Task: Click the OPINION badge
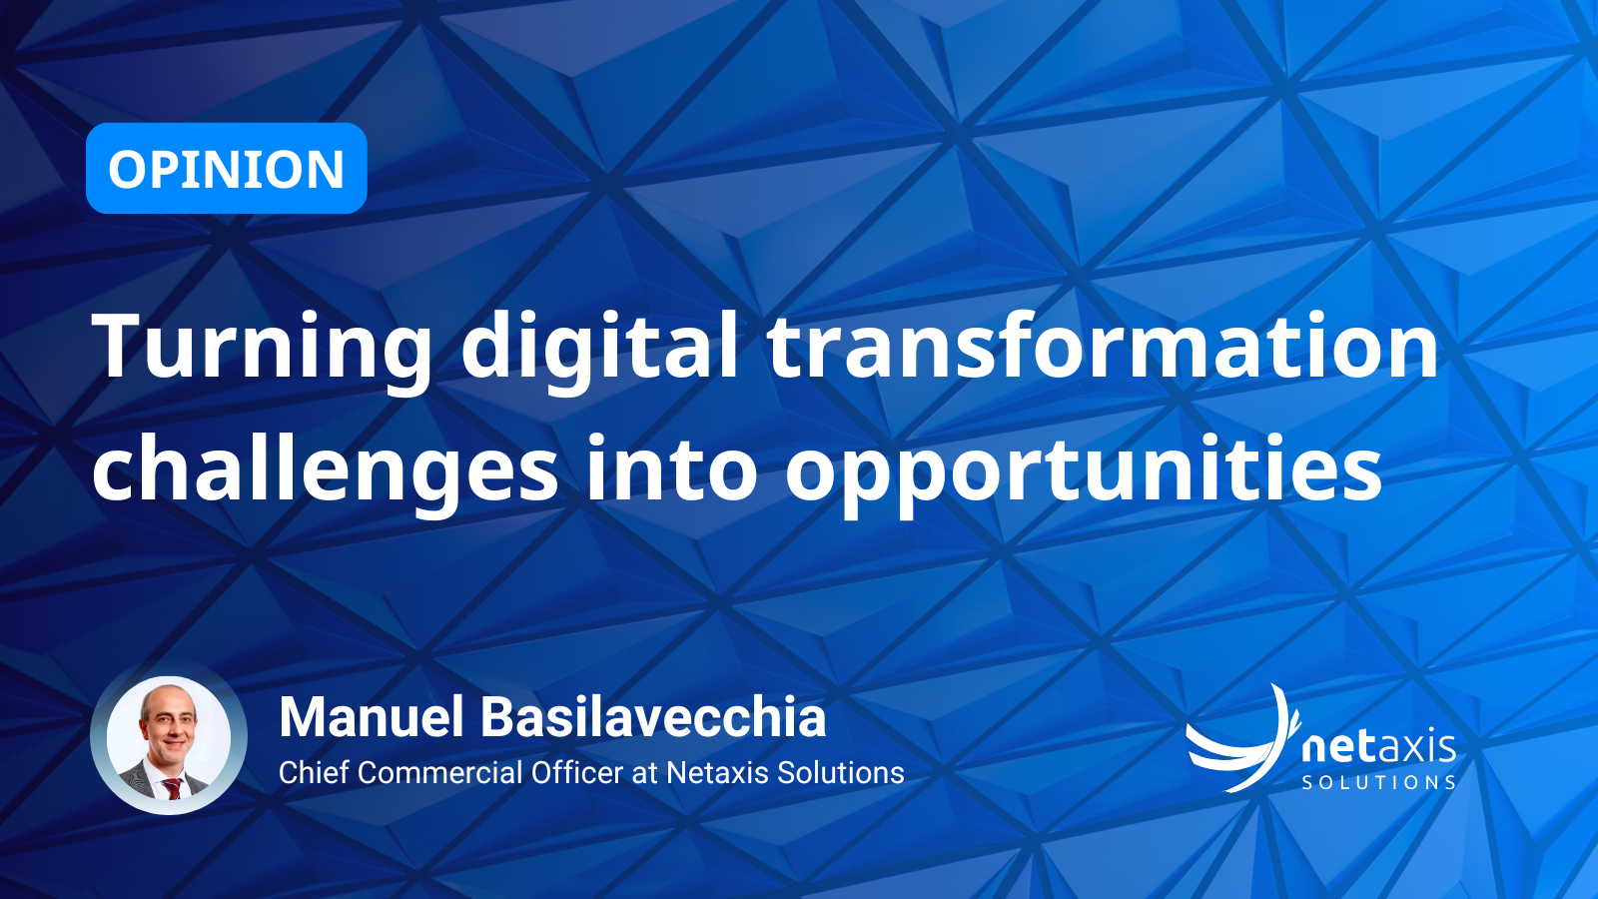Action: [x=226, y=169]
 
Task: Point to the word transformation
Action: [x=1104, y=346]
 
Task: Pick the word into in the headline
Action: [x=672, y=467]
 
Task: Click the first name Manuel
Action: [x=371, y=717]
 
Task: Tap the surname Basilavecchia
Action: [x=653, y=717]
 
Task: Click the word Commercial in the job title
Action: [x=440, y=773]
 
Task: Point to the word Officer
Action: [x=578, y=773]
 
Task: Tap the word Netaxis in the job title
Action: [x=716, y=773]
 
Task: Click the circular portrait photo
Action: [x=169, y=738]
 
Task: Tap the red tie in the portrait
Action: [x=173, y=788]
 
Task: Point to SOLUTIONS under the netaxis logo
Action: [x=1378, y=782]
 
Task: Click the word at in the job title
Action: [x=644, y=773]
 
